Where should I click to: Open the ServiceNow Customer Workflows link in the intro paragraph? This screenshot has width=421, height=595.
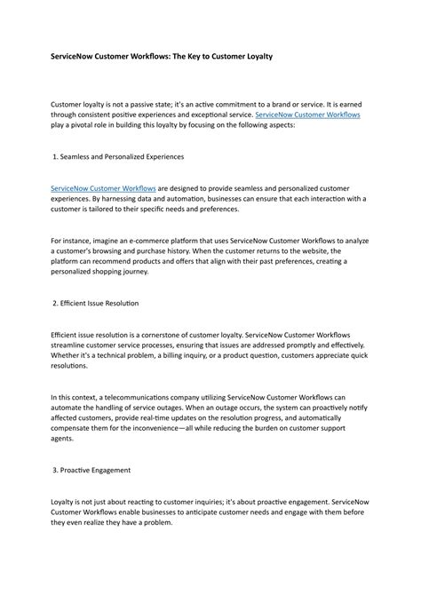tap(307, 115)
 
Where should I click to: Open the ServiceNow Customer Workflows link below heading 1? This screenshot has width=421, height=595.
tap(103, 188)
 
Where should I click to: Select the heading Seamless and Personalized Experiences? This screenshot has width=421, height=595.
tap(122, 156)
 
